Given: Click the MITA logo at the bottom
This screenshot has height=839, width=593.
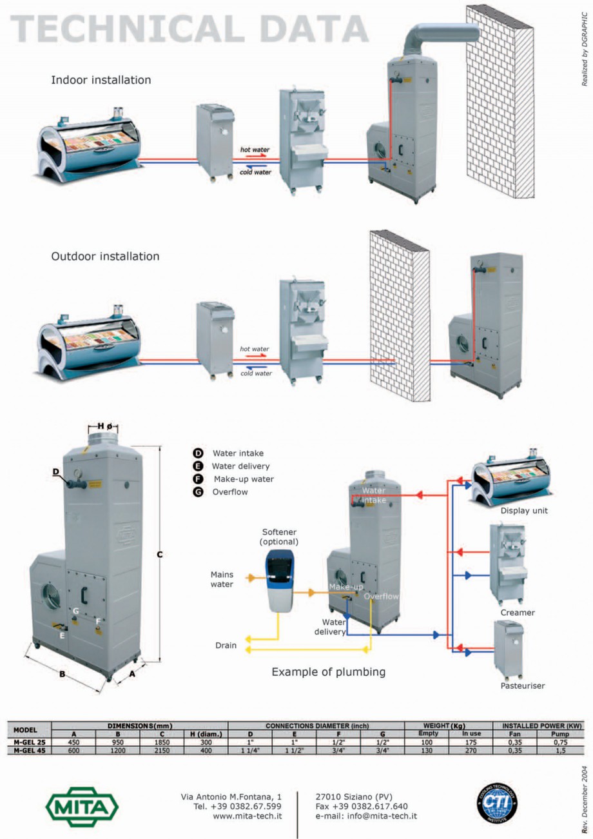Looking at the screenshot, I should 82,805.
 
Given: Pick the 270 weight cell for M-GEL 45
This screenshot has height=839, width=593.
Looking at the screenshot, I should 471,750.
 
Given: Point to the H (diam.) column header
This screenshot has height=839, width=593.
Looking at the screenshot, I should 206,734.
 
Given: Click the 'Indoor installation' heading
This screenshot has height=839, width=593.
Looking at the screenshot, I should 101,81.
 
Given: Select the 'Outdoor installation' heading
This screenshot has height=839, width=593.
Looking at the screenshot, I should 105,256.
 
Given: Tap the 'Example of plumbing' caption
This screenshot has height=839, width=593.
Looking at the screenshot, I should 328,672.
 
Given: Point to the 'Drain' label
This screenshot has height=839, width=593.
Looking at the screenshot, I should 226,645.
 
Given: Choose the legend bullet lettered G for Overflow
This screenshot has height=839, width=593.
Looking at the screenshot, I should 198,491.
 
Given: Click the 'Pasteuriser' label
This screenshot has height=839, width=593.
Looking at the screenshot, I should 522,686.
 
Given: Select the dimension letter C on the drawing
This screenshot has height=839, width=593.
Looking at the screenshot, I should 160,553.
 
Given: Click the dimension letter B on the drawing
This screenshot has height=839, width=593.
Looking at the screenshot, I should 62,675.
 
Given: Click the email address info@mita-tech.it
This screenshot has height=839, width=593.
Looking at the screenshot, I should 366,816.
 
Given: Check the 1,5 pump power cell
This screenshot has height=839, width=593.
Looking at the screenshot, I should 560,750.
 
